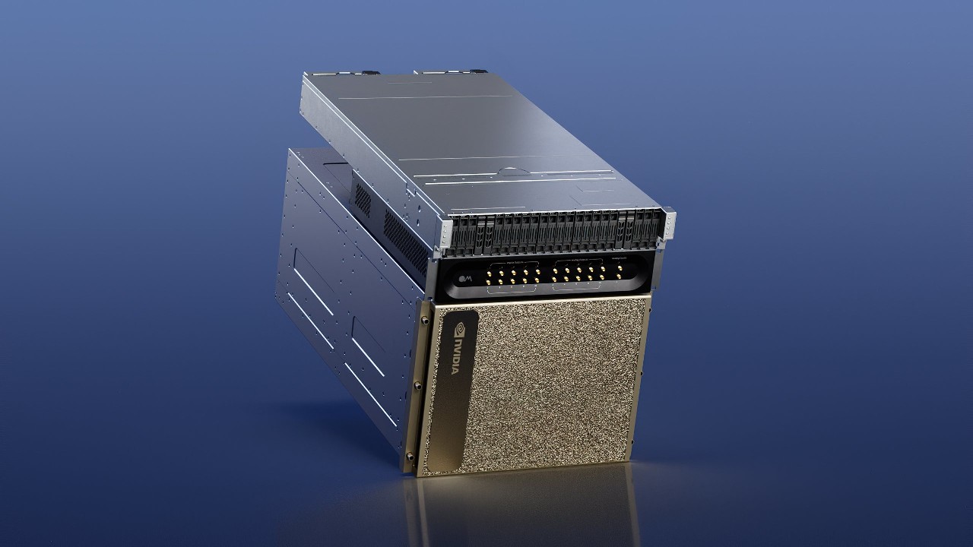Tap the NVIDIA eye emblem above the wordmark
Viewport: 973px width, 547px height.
pos(461,331)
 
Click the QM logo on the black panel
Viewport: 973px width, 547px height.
pos(465,282)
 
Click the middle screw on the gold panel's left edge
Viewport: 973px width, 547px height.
pos(416,385)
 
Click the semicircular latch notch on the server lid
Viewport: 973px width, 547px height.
pos(510,170)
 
